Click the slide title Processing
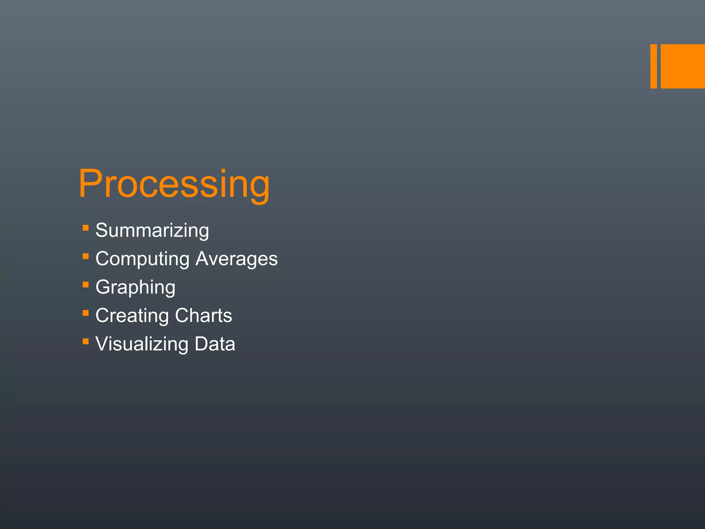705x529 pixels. point(174,184)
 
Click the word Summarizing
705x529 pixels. point(152,230)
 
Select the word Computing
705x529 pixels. point(143,259)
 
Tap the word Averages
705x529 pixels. point(236,259)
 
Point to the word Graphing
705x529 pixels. point(135,288)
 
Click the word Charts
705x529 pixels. point(203,315)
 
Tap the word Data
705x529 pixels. point(215,344)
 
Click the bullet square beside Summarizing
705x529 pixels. point(86,228)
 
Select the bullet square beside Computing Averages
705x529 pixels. point(86,256)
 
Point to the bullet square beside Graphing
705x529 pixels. point(86,285)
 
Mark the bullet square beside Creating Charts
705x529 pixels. point(86,313)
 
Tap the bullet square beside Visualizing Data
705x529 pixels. point(86,342)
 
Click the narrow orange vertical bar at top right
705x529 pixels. point(653,66)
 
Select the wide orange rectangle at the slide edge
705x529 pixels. point(683,66)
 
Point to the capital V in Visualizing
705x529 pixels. point(104,344)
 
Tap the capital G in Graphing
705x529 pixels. point(104,287)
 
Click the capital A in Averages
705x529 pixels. point(204,259)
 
